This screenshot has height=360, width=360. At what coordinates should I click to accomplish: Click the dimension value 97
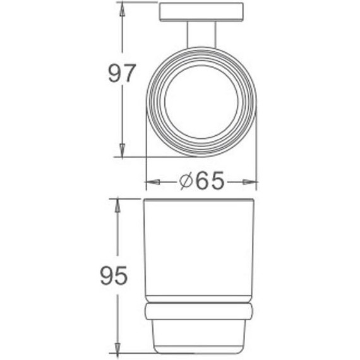[122, 74]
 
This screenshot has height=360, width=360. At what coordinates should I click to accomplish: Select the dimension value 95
[114, 275]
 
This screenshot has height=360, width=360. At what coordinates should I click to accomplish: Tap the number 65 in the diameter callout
[210, 182]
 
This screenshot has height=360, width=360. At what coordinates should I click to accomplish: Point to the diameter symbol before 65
[186, 182]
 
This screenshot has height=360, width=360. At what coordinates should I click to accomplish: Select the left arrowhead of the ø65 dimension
[152, 183]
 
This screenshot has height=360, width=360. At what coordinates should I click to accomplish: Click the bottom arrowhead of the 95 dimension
[117, 348]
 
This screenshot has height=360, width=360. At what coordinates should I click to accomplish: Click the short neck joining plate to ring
[201, 34]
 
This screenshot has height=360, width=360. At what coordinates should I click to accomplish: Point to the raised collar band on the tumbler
[200, 310]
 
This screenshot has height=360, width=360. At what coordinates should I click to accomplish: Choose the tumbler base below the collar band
[200, 335]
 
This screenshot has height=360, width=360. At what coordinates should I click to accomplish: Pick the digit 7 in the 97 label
[129, 74]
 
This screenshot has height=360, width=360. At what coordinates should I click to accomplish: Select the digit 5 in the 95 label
[122, 275]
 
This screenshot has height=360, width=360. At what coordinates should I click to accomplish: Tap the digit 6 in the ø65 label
[203, 182]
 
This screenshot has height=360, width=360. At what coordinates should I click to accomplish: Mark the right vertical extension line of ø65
[256, 152]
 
